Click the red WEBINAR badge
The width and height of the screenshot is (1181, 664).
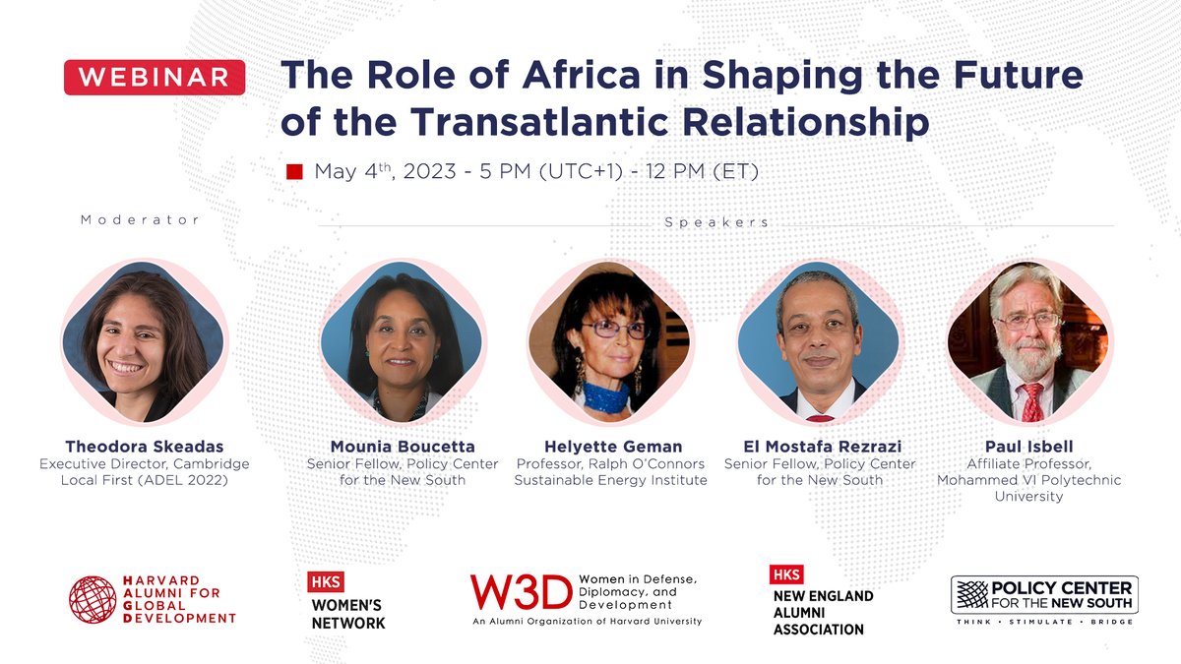[x=155, y=77]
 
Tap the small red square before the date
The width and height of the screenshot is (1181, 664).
[x=293, y=172]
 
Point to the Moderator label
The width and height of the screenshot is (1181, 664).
[x=140, y=220]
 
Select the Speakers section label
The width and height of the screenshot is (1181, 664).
[x=715, y=222]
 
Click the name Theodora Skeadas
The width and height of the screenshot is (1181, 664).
[x=144, y=447]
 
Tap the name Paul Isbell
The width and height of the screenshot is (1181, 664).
[x=1028, y=447]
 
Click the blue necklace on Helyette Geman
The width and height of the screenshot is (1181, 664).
[x=606, y=398]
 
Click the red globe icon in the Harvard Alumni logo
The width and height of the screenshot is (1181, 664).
[x=93, y=600]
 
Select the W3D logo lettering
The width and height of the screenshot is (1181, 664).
[x=520, y=592]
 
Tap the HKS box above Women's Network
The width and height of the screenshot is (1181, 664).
[x=326, y=581]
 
